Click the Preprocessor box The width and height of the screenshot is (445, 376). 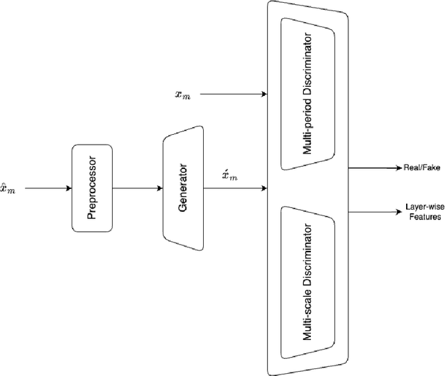pyautogui.click(x=92, y=188)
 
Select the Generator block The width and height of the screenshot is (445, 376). pyautogui.click(x=183, y=188)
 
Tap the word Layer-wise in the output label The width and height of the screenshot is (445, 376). pyautogui.click(x=419, y=206)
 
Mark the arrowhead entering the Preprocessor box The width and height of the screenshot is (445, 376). pyautogui.click(x=68, y=188)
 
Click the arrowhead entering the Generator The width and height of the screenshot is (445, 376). pyautogui.click(x=159, y=188)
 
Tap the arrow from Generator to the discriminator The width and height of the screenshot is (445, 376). pyautogui.click(x=236, y=188)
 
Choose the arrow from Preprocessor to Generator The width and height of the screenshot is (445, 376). pyautogui.click(x=137, y=188)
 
